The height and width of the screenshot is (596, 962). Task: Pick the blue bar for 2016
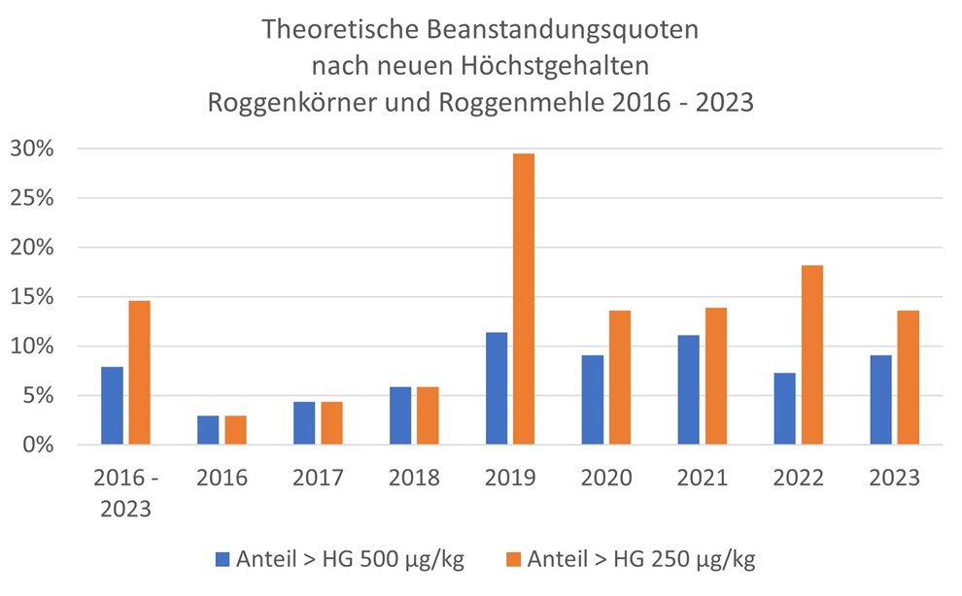tap(208, 430)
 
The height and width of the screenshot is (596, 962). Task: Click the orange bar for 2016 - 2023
tap(140, 373)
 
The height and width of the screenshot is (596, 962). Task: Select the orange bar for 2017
tap(331, 423)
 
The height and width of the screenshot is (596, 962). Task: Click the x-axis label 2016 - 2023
tap(125, 493)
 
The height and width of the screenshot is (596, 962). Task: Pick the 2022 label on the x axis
tap(798, 479)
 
